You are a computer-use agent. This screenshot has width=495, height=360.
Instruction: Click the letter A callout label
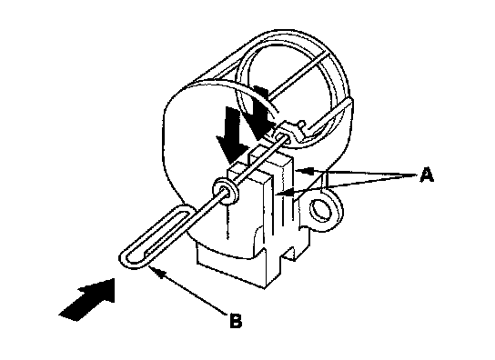click(427, 175)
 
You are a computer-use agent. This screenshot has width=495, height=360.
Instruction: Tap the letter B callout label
click(236, 320)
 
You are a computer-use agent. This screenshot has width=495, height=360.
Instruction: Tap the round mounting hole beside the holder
click(321, 210)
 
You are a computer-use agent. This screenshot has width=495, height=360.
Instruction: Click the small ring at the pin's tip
click(281, 136)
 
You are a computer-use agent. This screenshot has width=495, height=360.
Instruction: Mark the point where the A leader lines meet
click(414, 175)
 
